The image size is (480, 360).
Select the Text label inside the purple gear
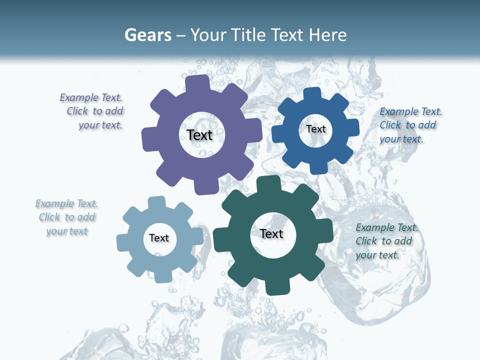199,135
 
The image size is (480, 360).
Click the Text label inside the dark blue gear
315,129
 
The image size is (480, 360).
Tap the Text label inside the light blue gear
159,238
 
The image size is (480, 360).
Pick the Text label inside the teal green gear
271,233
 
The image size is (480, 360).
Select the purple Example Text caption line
91,97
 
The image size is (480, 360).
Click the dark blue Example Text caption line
410,111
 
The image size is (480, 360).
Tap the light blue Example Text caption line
66,203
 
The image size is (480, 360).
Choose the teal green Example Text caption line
387,227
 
